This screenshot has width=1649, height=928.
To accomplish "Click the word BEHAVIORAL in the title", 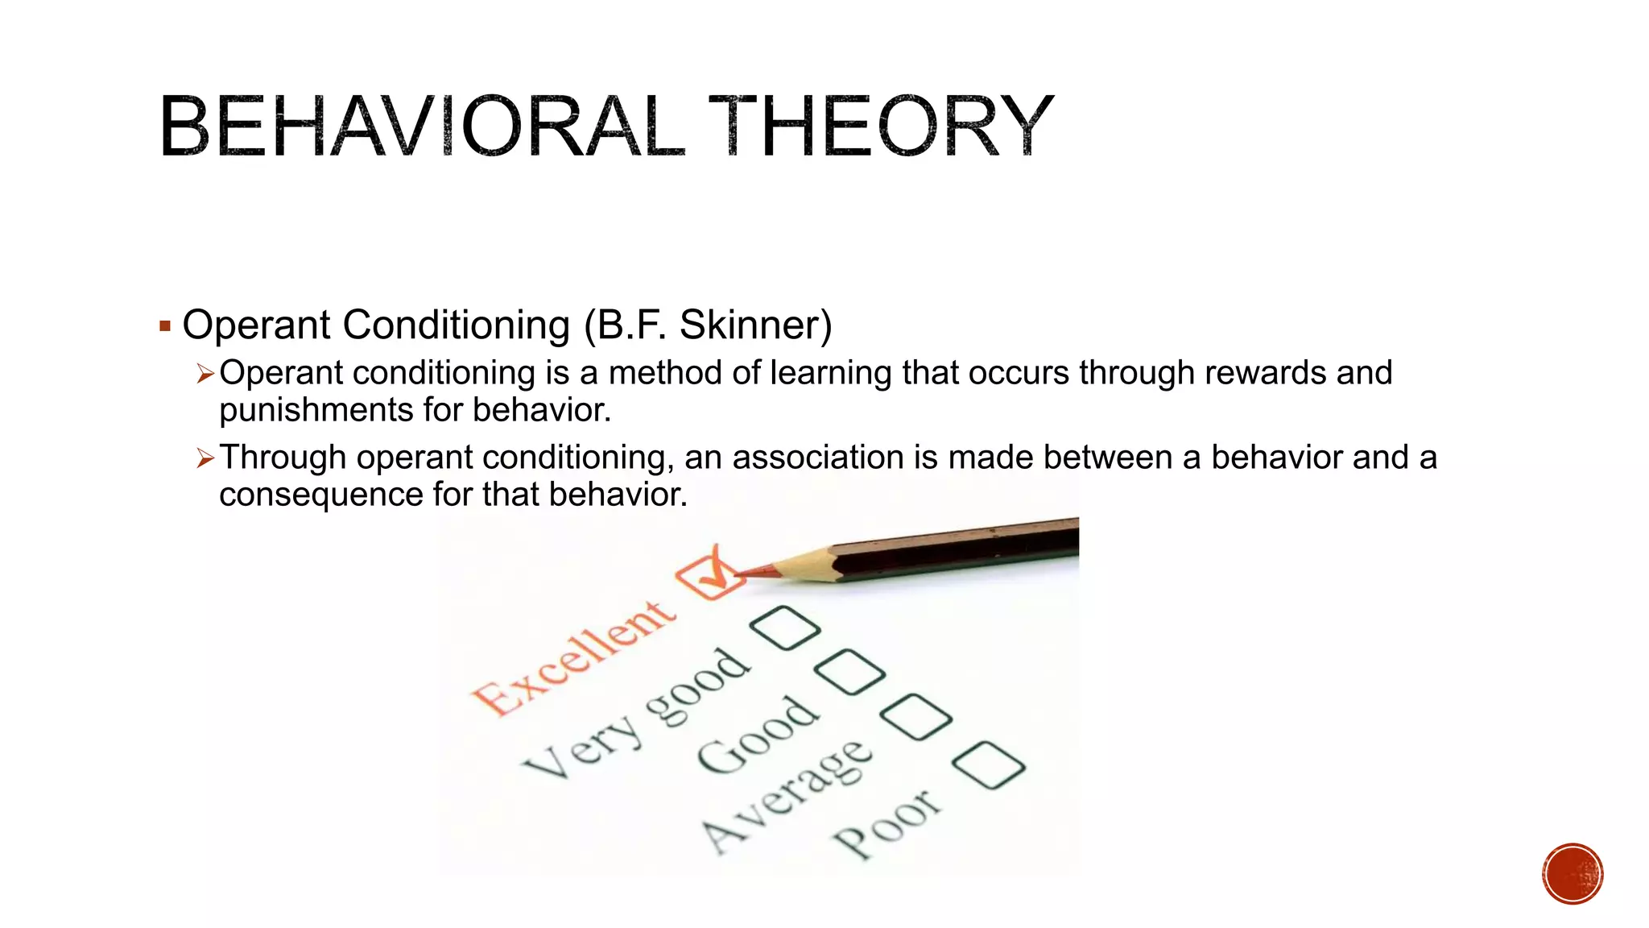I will (421, 126).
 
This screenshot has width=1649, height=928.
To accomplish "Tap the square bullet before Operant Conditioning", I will (165, 326).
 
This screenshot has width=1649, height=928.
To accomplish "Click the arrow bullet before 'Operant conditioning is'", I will (205, 374).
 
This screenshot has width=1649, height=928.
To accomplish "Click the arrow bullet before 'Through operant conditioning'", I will (205, 458).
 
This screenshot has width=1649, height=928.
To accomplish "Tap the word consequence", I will (320, 495).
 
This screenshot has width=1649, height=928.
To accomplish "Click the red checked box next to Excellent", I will (709, 573).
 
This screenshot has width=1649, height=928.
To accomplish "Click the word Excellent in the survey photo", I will (572, 658).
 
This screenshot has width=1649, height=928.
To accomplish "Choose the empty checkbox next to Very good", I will (784, 628).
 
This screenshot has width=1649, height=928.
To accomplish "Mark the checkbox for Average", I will (916, 717).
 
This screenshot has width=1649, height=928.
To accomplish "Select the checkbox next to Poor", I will (988, 765).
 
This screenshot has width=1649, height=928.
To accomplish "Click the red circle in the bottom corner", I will (1573, 874).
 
